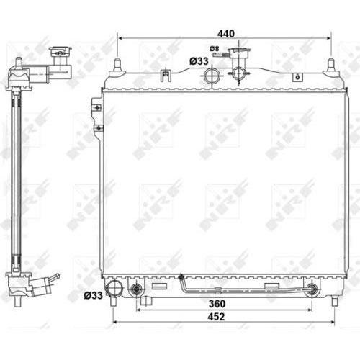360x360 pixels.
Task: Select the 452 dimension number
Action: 226,317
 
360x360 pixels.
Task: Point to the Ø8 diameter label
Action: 214,49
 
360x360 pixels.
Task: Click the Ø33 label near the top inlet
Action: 199,61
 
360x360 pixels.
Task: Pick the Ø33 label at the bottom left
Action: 92,294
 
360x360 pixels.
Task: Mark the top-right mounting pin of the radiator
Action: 331,66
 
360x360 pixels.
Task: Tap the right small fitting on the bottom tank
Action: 312,290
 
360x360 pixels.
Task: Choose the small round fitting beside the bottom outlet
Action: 135,291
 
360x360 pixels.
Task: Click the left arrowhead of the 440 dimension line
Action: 120,38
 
